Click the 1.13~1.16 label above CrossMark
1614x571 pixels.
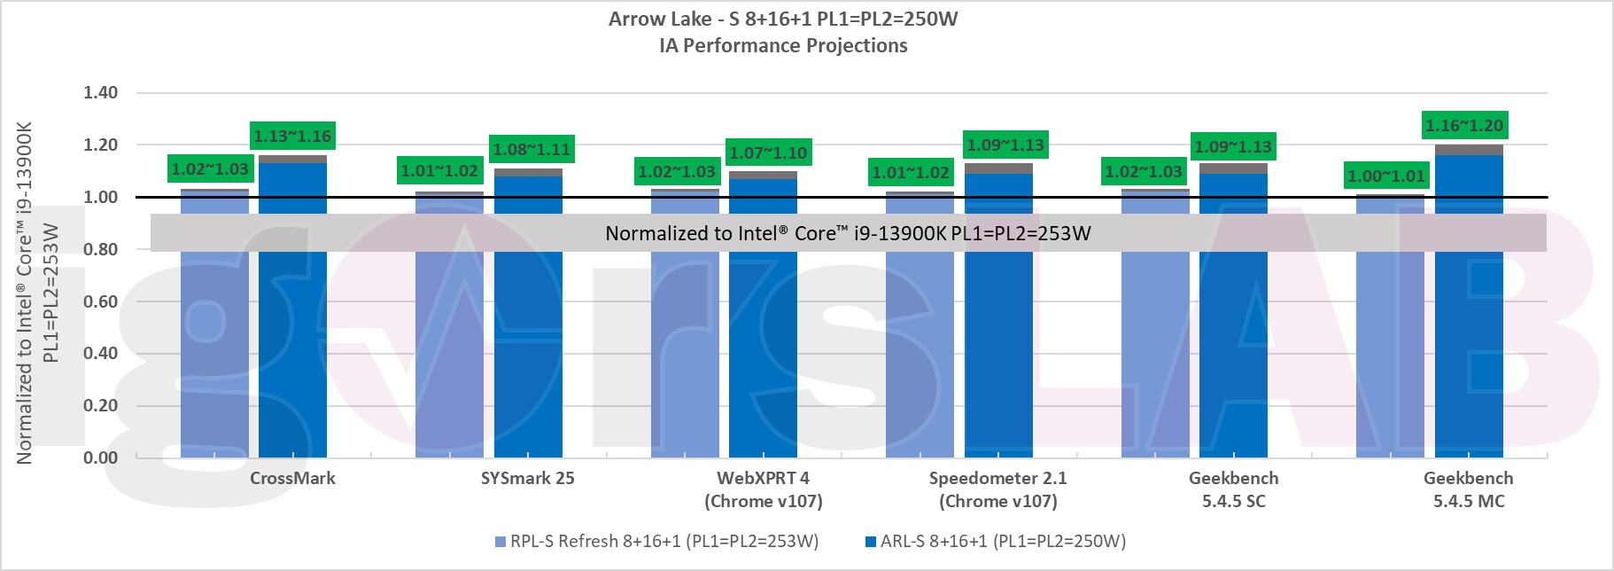click(292, 137)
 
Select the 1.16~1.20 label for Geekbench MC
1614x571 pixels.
click(1464, 126)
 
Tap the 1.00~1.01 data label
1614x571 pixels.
click(1386, 176)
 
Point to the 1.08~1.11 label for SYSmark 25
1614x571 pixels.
click(532, 150)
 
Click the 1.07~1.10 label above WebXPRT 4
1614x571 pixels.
click(768, 153)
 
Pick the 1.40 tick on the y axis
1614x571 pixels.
click(100, 93)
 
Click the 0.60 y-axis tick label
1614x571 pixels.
click(100, 301)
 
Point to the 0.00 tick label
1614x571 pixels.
click(100, 458)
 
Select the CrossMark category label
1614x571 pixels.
click(292, 479)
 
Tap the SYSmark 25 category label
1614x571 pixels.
click(528, 479)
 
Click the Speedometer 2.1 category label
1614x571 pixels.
click(998, 489)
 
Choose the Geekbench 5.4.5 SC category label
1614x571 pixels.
click(1234, 489)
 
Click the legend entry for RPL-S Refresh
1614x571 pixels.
click(656, 541)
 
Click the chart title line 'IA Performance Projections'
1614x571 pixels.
click(783, 46)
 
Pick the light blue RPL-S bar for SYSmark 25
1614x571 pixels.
click(449, 355)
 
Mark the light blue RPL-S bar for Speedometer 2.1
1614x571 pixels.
click(920, 355)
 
